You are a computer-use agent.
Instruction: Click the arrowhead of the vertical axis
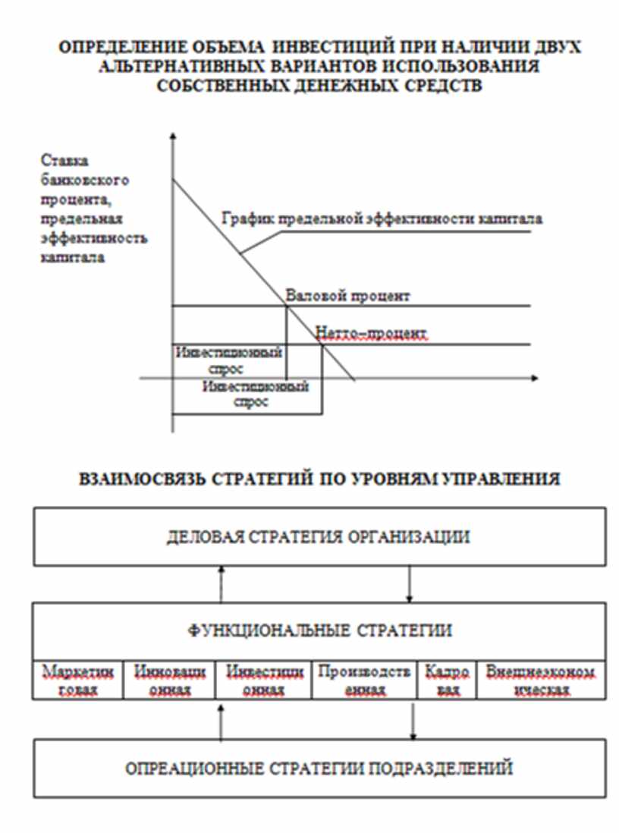[174, 135]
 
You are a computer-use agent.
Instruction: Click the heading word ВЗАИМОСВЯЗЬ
[136, 479]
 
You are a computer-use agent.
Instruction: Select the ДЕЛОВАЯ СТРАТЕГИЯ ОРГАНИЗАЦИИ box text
[319, 537]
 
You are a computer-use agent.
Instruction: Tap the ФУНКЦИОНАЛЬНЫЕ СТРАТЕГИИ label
[319, 630]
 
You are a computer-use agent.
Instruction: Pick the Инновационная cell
[169, 681]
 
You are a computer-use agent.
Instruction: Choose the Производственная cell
[364, 681]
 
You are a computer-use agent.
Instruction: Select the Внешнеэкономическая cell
[540, 681]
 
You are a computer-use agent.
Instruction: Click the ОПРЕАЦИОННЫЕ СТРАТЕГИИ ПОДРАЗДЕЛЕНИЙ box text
[319, 768]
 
